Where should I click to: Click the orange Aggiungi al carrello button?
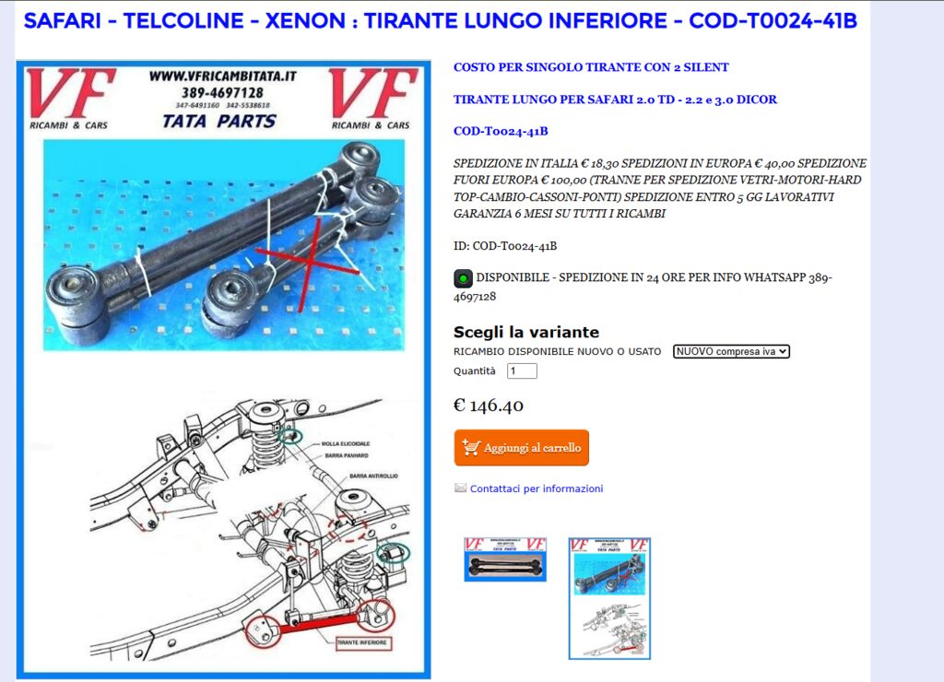(521, 448)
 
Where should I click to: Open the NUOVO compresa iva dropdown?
(731, 351)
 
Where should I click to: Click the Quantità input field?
(522, 370)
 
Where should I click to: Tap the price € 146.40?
(489, 406)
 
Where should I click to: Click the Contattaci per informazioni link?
(536, 488)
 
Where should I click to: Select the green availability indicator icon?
(463, 277)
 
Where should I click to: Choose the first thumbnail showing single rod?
(504, 559)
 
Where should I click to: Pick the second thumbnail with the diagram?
(609, 598)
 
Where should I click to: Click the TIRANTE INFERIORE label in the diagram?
(361, 641)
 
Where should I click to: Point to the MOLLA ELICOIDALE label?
(346, 444)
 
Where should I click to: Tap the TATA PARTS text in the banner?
(219, 121)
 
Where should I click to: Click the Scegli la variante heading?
(525, 332)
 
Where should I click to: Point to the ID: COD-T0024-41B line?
(504, 246)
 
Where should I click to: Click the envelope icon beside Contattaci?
(460, 488)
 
